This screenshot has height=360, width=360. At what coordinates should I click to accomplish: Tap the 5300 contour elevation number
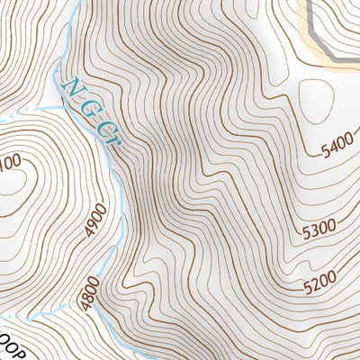pyautogui.click(x=319, y=231)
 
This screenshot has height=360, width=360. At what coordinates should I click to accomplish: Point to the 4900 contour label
pyautogui.click(x=97, y=220)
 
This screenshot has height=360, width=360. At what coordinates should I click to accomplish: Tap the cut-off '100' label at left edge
pyautogui.click(x=9, y=161)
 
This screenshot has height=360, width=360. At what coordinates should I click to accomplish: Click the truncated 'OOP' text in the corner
pyautogui.click(x=11, y=352)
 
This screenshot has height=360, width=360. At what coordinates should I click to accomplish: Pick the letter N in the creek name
pyautogui.click(x=72, y=89)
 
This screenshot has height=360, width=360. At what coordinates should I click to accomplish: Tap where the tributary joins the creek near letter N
pyautogui.click(x=56, y=101)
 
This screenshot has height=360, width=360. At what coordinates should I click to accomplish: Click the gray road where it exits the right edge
pyautogui.click(x=356, y=61)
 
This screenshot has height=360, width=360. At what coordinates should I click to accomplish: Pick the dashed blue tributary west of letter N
pyautogui.click(x=27, y=108)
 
